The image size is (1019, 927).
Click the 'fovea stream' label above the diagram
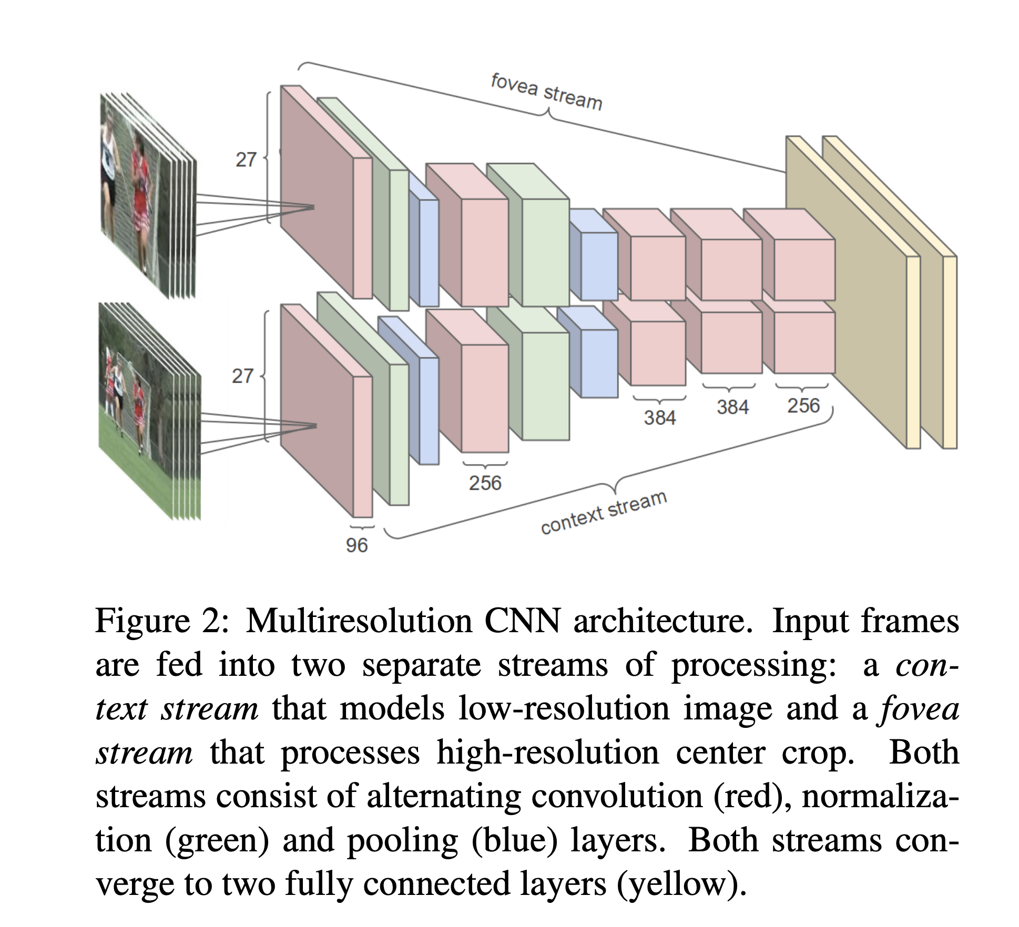point(546,92)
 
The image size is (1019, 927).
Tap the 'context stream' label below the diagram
point(604,512)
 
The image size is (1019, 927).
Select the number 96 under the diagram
point(356,545)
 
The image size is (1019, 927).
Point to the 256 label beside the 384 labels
point(803,406)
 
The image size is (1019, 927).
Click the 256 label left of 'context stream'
point(485,482)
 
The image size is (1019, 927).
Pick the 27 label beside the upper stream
point(246,159)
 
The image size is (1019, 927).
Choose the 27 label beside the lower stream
point(242,376)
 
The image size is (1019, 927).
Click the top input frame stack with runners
point(148,194)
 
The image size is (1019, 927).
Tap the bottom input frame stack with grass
point(149,411)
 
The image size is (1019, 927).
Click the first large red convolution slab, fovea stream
point(326,192)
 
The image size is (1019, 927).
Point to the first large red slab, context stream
point(326,411)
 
